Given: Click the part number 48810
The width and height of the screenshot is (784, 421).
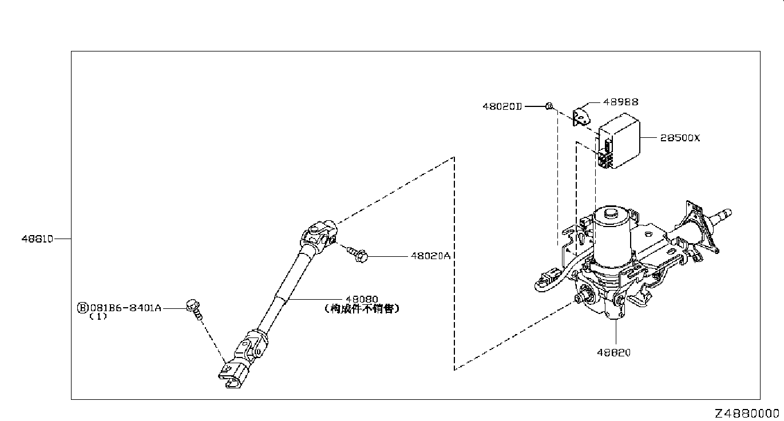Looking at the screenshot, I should pos(38,239).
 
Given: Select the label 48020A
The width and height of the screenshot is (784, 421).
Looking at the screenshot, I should pos(430,257).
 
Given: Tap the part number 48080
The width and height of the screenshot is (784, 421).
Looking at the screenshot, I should pos(361,299).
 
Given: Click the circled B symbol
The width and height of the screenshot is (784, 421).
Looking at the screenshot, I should pos(83,308).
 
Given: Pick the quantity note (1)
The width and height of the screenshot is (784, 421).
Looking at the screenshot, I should pos(98,317).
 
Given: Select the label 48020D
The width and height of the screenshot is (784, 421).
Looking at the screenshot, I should pos(502,106).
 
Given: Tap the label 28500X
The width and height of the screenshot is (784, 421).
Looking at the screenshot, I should pos(680,138).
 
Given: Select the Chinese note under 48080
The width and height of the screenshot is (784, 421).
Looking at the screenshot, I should pos(361,308).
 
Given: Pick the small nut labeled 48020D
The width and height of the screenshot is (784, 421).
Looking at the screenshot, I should pos(548,106).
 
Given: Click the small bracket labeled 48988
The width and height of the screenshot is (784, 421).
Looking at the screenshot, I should pos(581,116).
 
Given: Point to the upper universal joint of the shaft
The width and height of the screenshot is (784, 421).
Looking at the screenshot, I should pos(319,235).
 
